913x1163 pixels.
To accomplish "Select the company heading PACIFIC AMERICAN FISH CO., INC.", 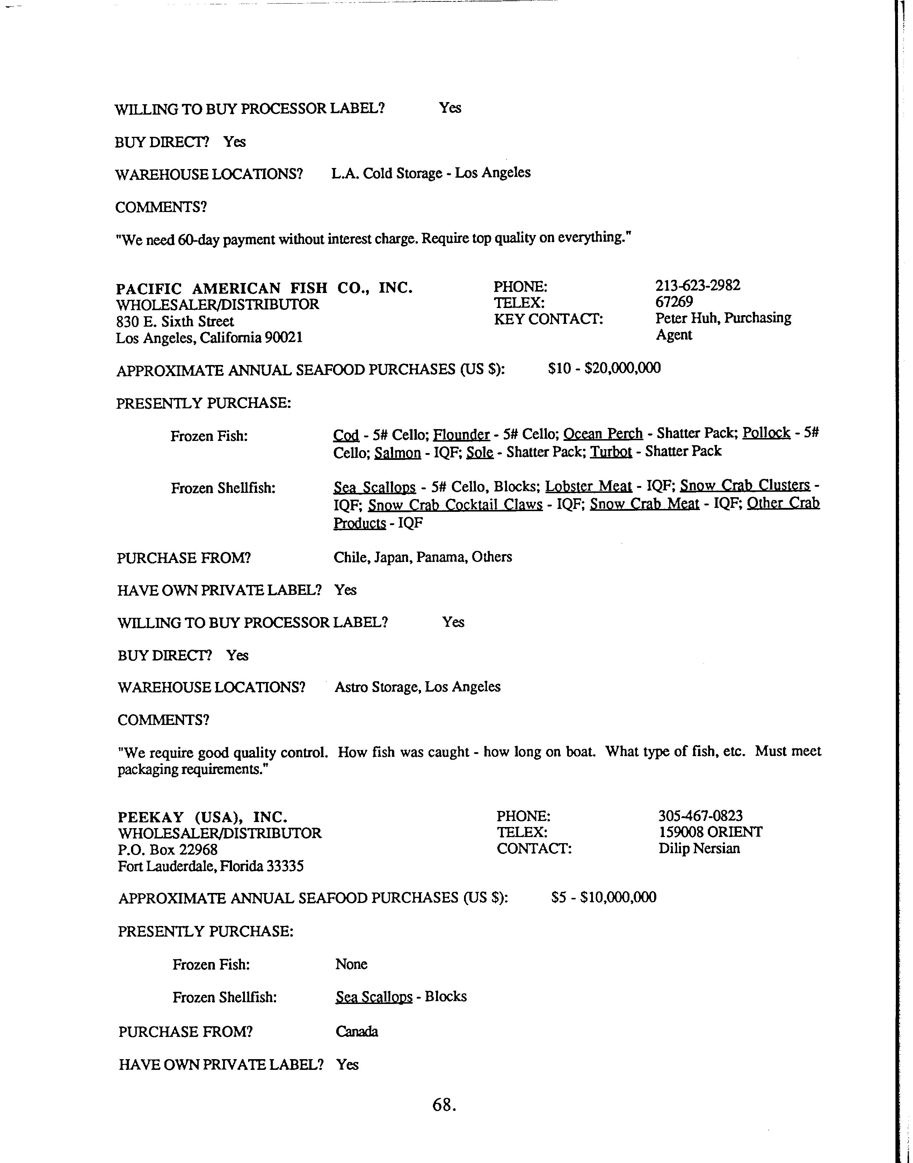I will (x=264, y=288).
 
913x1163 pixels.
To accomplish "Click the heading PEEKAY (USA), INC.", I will (x=203, y=817).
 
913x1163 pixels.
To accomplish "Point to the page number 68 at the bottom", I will (x=444, y=1105).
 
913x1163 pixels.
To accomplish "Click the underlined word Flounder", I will (x=461, y=434).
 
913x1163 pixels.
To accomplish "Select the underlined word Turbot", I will (x=611, y=452).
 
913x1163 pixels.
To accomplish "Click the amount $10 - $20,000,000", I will (x=604, y=368).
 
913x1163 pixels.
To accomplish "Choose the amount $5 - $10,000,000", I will (x=604, y=897).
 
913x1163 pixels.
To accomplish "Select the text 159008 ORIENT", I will (x=710, y=832).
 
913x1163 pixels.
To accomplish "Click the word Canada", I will (x=357, y=1032).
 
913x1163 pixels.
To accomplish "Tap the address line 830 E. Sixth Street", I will (x=175, y=321).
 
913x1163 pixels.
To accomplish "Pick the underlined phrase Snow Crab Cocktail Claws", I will (x=455, y=505).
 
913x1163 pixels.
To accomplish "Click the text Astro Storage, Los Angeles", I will (x=417, y=687).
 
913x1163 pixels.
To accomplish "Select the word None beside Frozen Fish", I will (x=351, y=964).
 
